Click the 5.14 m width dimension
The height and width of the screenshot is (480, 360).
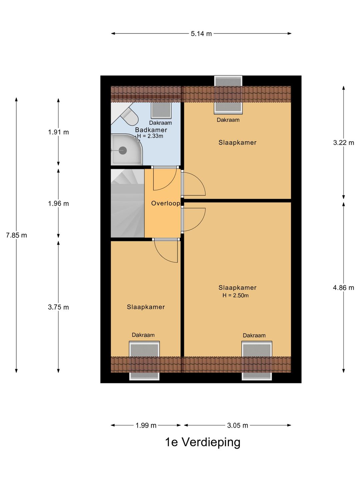[201, 34]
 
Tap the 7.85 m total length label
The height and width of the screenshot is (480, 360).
[16, 235]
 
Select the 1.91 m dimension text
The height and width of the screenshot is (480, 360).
[58, 132]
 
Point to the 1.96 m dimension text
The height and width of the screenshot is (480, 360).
[58, 204]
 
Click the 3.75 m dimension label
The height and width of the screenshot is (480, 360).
[58, 307]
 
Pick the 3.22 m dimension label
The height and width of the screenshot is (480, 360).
[343, 143]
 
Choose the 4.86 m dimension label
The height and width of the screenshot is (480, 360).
[343, 288]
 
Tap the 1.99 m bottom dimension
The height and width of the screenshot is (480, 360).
[146, 425]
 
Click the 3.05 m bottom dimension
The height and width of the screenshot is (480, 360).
[237, 425]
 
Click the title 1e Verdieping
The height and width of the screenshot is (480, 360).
[203, 443]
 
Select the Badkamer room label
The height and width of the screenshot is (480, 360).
[151, 130]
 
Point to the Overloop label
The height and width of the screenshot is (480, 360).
[165, 203]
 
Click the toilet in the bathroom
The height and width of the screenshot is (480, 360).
[129, 116]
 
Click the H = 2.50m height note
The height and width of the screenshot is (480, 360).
[235, 295]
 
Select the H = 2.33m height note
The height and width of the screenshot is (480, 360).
[150, 136]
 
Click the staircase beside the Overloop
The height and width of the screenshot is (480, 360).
[127, 203]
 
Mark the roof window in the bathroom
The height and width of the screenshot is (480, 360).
[161, 110]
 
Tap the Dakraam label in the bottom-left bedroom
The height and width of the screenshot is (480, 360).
[143, 335]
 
